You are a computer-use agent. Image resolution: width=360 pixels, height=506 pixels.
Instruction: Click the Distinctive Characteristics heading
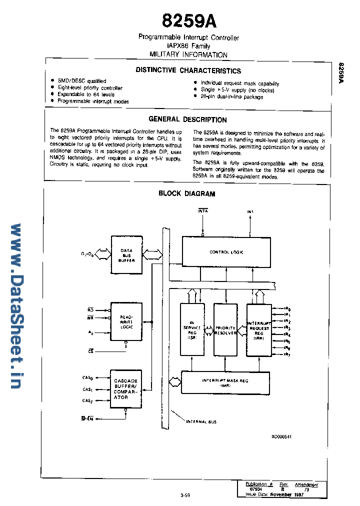[188, 70]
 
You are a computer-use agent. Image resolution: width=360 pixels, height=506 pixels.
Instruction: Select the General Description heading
[187, 119]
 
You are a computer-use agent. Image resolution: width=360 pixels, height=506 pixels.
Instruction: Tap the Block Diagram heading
[186, 193]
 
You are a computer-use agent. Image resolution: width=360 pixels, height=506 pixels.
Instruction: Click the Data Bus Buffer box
[126, 255]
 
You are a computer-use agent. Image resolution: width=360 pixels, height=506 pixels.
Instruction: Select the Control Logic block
[226, 252]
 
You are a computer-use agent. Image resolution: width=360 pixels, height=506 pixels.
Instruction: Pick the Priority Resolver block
[225, 330]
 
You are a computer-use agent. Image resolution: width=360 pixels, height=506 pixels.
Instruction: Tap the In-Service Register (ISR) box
[192, 330]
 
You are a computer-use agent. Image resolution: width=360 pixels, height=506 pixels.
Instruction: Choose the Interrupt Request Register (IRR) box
[258, 329]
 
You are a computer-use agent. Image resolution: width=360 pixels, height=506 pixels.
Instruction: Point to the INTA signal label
[202, 211]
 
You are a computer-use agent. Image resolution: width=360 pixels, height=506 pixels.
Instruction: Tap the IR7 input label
[287, 354]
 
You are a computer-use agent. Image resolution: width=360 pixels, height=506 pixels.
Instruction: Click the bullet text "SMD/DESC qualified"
[81, 81]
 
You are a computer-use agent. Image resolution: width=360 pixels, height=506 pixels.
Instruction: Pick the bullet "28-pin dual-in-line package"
[231, 97]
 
